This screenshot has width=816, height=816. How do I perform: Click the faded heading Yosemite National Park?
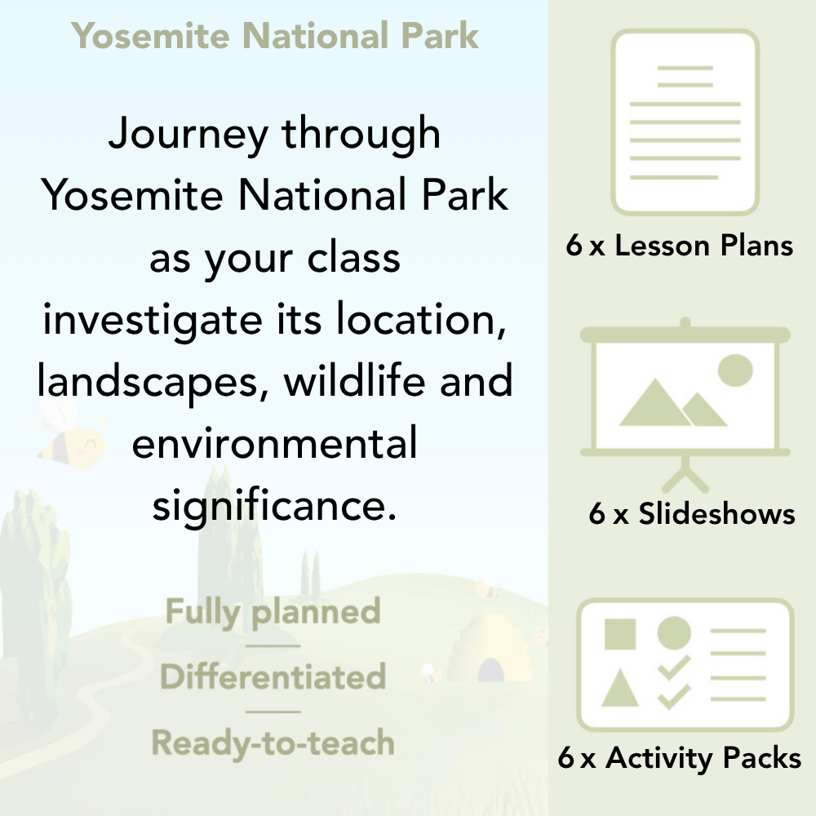(x=275, y=36)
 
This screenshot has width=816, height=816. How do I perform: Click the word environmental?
(x=274, y=445)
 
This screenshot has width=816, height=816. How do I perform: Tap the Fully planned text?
(x=273, y=612)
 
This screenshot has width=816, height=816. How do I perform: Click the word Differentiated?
(x=273, y=677)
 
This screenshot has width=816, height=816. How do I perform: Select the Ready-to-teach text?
(x=273, y=743)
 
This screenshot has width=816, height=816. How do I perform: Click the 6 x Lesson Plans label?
(x=680, y=246)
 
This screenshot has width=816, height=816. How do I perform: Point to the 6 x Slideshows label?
(x=692, y=513)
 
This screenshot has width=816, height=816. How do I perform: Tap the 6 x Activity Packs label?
(x=680, y=759)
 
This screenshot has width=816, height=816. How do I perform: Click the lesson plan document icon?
(x=685, y=122)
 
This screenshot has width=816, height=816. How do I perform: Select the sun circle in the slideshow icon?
(x=735, y=370)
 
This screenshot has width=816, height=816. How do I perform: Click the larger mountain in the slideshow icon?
(x=652, y=403)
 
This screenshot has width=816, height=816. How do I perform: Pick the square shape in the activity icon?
(x=620, y=634)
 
